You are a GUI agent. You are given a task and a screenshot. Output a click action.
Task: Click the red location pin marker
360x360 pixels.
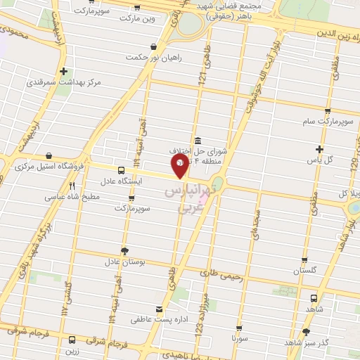point(180,165)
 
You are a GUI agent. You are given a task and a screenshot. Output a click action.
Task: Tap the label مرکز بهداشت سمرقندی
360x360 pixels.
point(64,82)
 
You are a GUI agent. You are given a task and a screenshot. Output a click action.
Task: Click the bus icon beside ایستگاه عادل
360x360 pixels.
point(121,170)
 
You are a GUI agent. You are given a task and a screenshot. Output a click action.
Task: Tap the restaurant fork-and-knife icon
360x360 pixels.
point(72,186)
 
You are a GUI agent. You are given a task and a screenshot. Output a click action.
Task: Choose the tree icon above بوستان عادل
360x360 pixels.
point(124,250)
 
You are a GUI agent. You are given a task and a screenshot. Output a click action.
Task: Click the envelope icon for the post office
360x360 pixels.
point(159,309)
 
